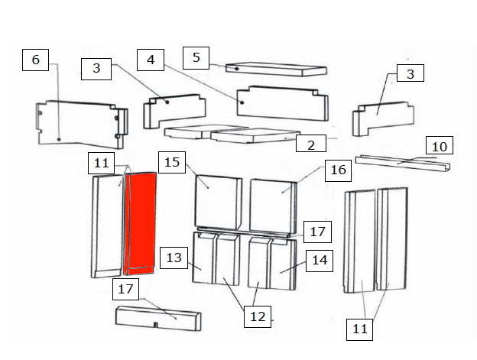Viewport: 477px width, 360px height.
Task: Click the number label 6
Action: click(36, 60)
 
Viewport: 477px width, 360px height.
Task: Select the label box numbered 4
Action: click(151, 60)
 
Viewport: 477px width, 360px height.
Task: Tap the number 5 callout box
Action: click(196, 58)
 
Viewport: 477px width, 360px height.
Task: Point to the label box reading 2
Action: click(311, 144)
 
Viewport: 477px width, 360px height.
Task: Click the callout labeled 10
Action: click(440, 145)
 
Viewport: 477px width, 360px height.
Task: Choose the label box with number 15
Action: click(172, 162)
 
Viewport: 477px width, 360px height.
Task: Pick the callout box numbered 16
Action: click(339, 170)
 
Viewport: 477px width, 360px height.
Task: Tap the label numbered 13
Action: click(174, 258)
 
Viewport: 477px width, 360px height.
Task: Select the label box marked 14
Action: click(320, 261)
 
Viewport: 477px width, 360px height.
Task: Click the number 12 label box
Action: click(258, 317)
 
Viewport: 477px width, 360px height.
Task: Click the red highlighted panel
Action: click(140, 223)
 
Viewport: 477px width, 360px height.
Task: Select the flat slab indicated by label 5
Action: click(276, 70)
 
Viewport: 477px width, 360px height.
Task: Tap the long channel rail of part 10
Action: click(402, 164)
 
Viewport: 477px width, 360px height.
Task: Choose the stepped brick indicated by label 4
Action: click(282, 103)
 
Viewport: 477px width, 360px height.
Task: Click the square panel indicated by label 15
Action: click(218, 203)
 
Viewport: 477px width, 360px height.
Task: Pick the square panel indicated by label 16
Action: click(273, 206)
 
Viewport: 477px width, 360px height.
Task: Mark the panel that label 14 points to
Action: click(283, 264)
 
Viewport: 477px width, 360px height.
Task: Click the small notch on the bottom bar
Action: click(155, 325)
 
